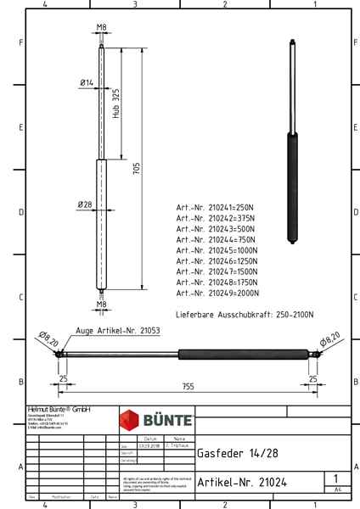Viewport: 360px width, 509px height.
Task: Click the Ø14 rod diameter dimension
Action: tap(86, 82)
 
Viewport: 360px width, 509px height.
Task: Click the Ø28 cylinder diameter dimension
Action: tap(85, 204)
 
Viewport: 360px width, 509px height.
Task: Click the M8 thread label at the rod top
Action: tap(101, 27)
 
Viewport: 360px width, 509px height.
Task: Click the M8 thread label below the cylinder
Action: tap(101, 303)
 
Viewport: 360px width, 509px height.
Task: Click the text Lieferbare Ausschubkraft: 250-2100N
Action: tap(243, 314)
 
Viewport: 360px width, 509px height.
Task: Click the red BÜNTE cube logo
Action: tap(132, 420)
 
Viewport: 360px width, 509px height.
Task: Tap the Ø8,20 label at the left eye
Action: tap(48, 340)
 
